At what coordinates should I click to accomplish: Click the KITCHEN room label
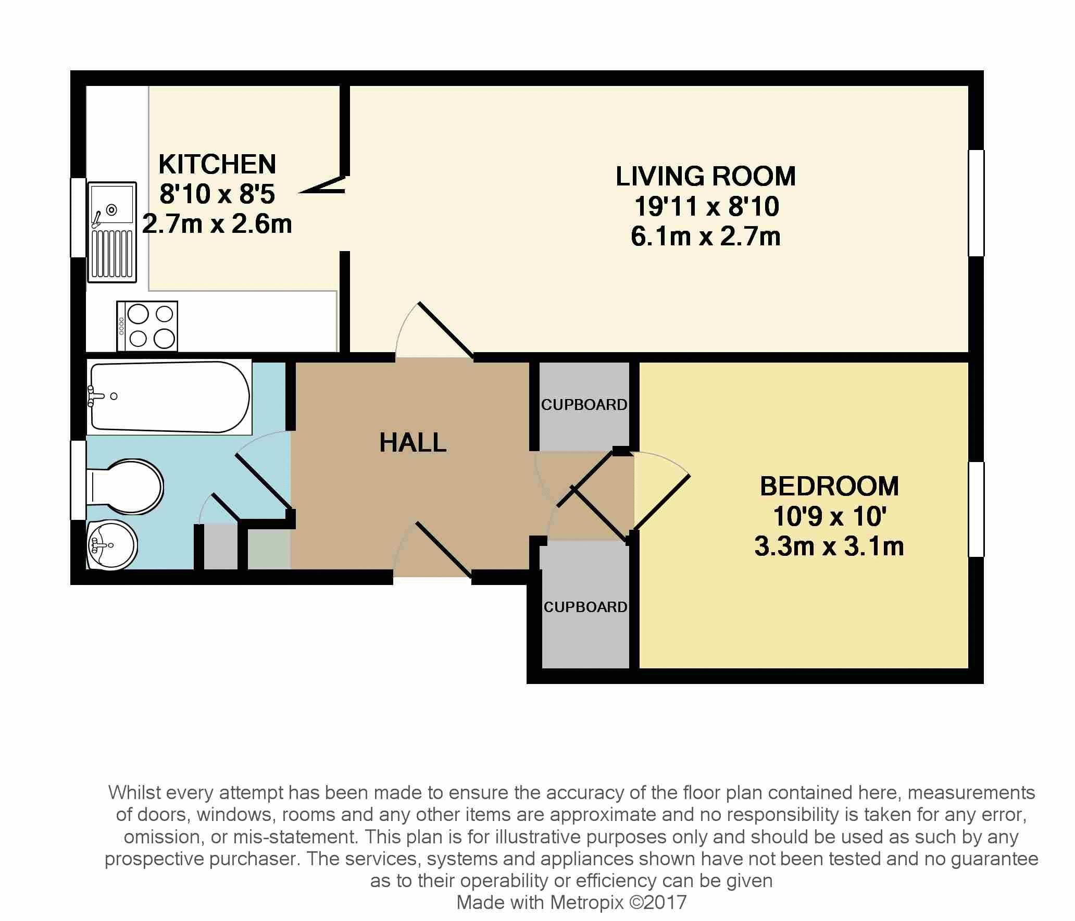pyautogui.click(x=217, y=165)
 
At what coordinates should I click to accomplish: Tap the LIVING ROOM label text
pyautogui.click(x=706, y=176)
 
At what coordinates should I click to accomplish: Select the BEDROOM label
pyautogui.click(x=829, y=486)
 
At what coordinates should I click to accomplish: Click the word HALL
pyautogui.click(x=413, y=443)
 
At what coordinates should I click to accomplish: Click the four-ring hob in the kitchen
pyautogui.click(x=147, y=326)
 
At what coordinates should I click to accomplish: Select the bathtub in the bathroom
pyautogui.click(x=169, y=397)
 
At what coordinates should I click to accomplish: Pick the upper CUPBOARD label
pyautogui.click(x=584, y=405)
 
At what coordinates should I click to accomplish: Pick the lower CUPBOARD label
pyautogui.click(x=585, y=607)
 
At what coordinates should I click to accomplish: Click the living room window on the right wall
pyautogui.click(x=976, y=203)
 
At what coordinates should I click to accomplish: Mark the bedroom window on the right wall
pyautogui.click(x=976, y=509)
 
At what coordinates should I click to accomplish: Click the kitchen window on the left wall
pyautogui.click(x=78, y=218)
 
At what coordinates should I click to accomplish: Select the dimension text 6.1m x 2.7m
pyautogui.click(x=706, y=237)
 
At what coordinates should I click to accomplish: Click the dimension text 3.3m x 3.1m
pyautogui.click(x=829, y=546)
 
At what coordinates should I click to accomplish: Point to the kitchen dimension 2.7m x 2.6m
pyautogui.click(x=217, y=224)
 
